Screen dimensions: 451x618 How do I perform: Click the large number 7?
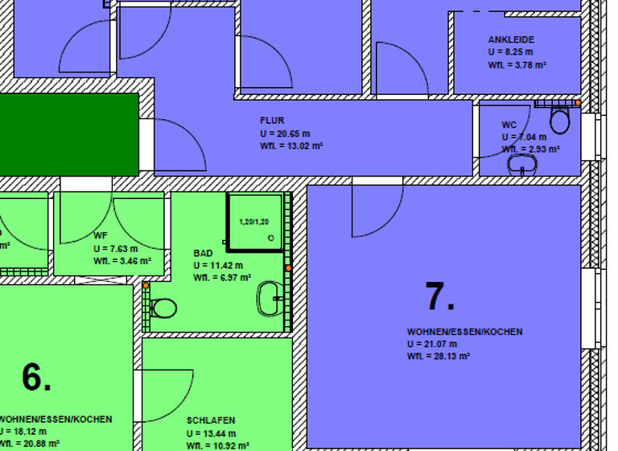tap(439, 297)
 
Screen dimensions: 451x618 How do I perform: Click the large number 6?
tap(36, 377)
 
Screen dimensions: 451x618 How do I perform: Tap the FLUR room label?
tap(272, 120)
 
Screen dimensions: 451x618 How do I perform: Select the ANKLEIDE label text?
tap(511, 39)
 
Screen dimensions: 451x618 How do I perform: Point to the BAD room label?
tap(203, 253)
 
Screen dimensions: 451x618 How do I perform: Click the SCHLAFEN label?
tap(211, 420)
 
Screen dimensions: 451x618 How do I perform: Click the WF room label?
tap(101, 236)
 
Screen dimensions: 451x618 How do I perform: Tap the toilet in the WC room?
tap(559, 121)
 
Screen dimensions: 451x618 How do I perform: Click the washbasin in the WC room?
tap(521, 165)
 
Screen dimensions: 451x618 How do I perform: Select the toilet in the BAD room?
tap(163, 308)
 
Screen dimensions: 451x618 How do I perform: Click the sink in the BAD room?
tap(269, 298)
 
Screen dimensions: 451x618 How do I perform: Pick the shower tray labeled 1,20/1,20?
tap(255, 221)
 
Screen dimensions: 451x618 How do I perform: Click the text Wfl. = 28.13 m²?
tap(439, 356)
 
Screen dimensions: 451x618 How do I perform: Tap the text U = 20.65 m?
tap(285, 133)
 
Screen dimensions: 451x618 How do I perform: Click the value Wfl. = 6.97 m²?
tap(222, 277)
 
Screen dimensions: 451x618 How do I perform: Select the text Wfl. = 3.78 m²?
tap(517, 64)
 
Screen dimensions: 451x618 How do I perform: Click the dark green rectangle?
tap(69, 134)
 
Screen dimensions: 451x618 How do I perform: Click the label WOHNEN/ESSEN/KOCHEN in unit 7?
tap(464, 332)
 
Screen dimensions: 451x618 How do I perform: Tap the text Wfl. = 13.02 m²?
tap(291, 146)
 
